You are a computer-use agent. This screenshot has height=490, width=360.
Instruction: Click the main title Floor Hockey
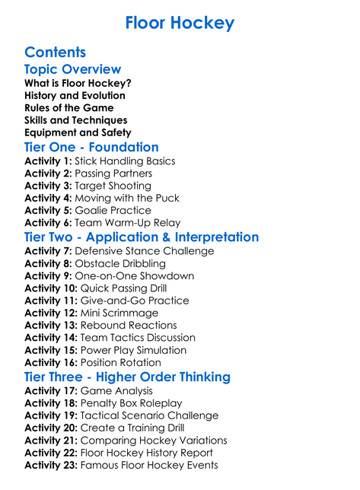coord(180,23)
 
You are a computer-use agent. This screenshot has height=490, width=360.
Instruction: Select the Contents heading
coord(55,52)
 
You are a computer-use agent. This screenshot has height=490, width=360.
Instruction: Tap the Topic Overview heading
coord(73,69)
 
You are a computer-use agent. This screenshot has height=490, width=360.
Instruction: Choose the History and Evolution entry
coord(75,96)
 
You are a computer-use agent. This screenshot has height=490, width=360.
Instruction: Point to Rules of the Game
coord(70,108)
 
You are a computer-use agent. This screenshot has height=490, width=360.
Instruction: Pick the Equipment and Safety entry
coord(78,132)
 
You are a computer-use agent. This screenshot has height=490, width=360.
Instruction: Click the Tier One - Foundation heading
coord(91,148)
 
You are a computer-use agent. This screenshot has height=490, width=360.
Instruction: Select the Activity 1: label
coord(48,161)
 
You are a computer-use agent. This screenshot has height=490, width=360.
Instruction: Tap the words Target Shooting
coord(113,186)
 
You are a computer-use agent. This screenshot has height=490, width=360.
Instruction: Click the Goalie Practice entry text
coord(112,210)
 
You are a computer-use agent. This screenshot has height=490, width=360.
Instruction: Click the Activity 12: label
coord(51,313)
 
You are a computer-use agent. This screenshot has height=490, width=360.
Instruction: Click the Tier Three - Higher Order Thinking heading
coord(127,377)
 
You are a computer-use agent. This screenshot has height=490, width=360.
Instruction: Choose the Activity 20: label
coord(51,428)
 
